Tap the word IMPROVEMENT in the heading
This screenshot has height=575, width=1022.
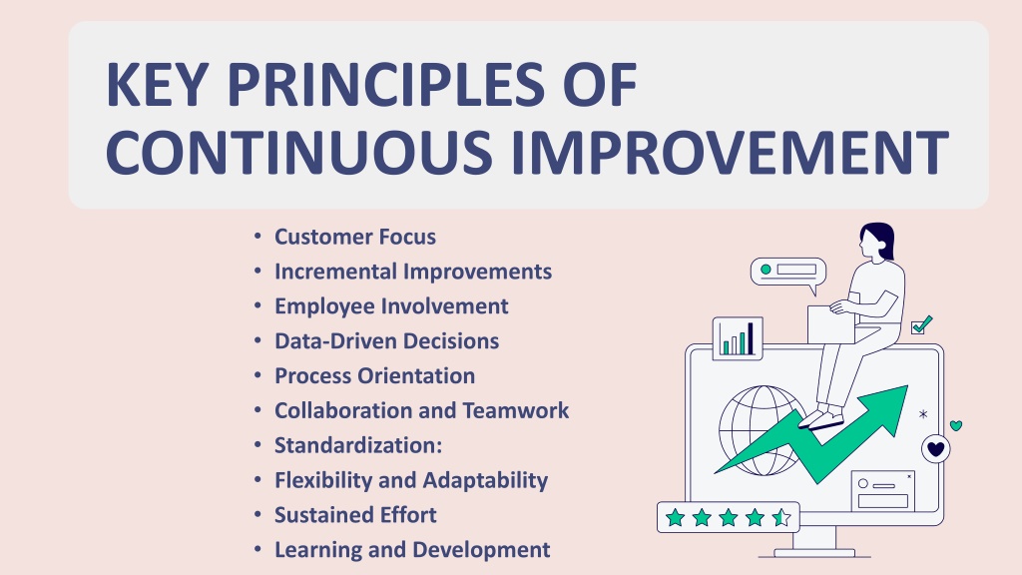coord(730,152)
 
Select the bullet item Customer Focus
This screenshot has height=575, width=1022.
coord(355,237)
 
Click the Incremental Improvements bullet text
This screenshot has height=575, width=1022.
coord(413,272)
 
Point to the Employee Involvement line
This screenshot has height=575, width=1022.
coord(391,306)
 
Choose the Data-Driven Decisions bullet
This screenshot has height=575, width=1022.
coord(386,341)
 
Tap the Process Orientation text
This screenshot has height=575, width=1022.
coord(375,376)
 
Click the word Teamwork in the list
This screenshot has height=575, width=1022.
coord(516,410)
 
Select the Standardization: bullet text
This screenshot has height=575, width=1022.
coord(358,445)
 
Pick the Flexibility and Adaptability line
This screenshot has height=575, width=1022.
coord(411,480)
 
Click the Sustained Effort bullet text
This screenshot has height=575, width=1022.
coord(355,515)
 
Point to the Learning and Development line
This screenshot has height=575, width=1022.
coord(412,550)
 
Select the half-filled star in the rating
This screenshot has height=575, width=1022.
coord(780,518)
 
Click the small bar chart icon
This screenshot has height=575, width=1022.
coord(738,338)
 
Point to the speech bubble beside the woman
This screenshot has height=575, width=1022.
coord(788,274)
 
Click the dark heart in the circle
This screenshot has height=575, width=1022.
coord(936,449)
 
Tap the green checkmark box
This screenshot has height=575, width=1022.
coord(921,324)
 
